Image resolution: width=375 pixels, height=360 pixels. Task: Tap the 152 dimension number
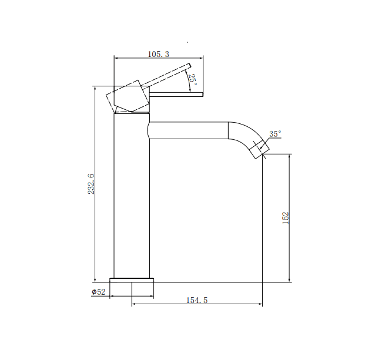pos(286,217)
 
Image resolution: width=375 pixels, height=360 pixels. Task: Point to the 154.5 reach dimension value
pos(197,300)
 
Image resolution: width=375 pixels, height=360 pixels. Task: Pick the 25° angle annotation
pos(193,79)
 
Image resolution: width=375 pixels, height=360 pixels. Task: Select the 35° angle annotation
pos(275,134)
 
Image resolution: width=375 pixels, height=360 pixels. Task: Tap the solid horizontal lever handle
pos(177,94)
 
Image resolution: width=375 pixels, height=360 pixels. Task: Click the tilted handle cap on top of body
pos(129,98)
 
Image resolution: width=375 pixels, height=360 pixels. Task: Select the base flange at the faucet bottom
pos(132,279)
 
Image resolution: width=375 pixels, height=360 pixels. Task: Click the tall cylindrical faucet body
pos(131,194)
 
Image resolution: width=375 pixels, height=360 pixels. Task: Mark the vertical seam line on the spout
pos(227,130)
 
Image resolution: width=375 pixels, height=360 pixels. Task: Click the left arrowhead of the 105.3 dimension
pos(116,58)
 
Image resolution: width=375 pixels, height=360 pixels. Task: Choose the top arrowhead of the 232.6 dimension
pos(95,89)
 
